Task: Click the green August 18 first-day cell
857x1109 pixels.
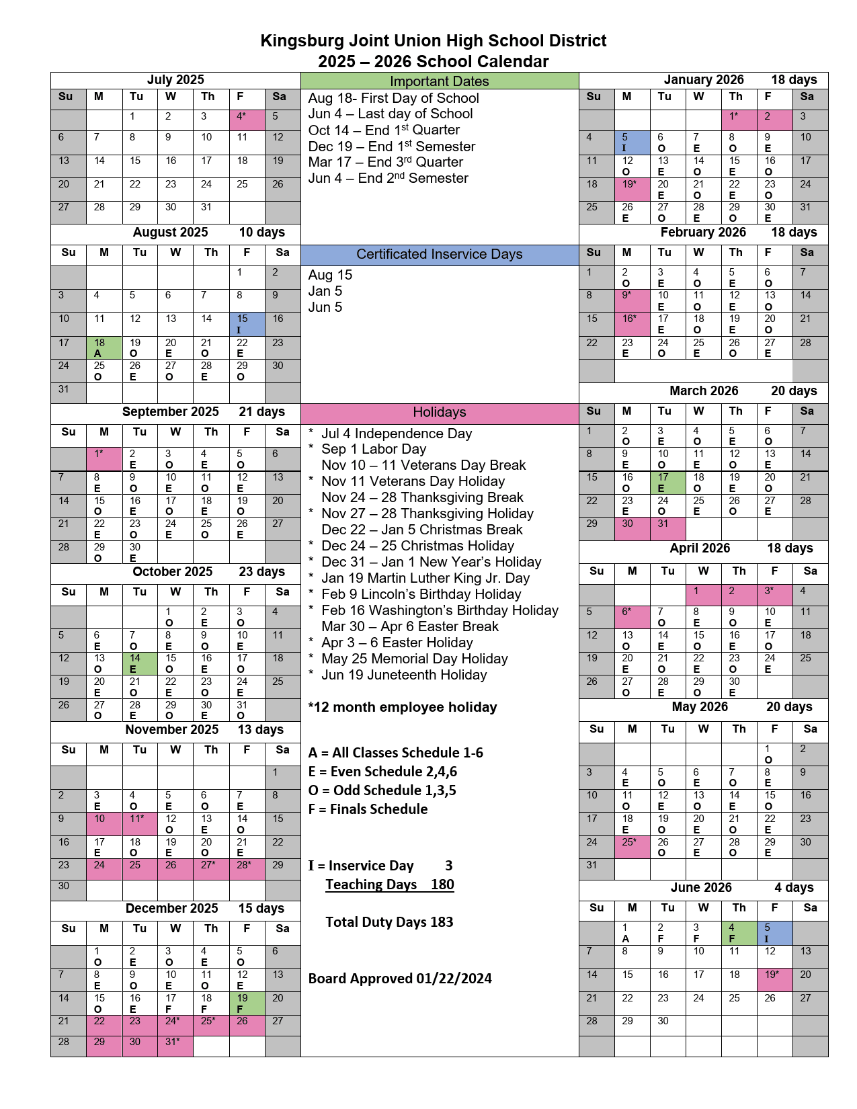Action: (x=104, y=347)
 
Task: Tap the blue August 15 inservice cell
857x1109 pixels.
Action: (x=247, y=324)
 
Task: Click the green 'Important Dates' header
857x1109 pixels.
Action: (x=440, y=81)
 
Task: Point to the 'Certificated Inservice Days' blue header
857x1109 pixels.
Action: (x=440, y=255)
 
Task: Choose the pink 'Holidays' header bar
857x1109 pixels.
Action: (x=440, y=413)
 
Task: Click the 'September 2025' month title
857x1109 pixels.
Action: (x=171, y=411)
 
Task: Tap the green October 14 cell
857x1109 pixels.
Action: (x=140, y=663)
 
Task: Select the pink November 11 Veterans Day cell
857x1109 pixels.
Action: (x=140, y=823)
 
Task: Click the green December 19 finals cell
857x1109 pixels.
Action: (x=247, y=1003)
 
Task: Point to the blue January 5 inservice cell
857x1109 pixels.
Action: (x=632, y=142)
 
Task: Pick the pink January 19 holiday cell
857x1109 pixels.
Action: (x=632, y=189)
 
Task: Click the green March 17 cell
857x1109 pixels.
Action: (x=668, y=483)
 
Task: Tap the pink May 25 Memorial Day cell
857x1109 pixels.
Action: (x=632, y=847)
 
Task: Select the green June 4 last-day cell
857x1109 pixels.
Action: (x=739, y=932)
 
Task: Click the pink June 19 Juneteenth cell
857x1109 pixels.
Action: (x=775, y=979)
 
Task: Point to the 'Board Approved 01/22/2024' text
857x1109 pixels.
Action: (x=400, y=979)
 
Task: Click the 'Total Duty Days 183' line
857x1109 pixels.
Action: (x=389, y=922)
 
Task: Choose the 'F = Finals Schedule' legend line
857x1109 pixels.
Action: (x=368, y=809)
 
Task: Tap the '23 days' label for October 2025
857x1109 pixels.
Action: (x=261, y=571)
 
